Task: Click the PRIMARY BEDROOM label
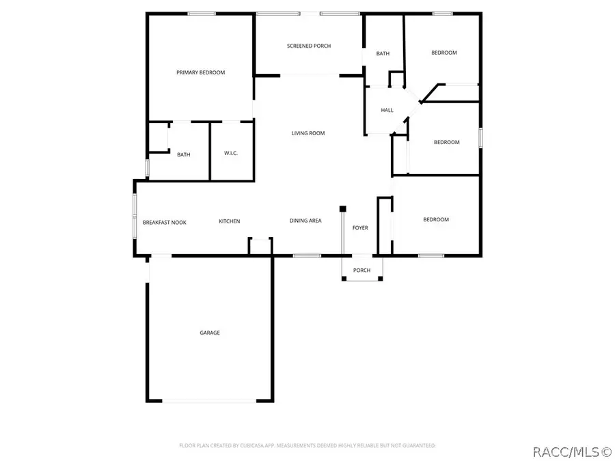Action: (x=200, y=72)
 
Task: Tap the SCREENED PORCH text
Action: (x=308, y=46)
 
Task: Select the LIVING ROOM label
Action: (x=308, y=133)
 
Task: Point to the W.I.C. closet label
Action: (x=231, y=154)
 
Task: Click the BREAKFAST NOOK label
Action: (x=164, y=222)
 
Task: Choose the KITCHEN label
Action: (x=229, y=221)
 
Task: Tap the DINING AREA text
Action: (x=305, y=221)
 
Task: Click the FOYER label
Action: (x=360, y=227)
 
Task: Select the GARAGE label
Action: (x=210, y=333)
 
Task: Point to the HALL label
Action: (x=387, y=110)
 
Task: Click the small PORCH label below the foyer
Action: (x=361, y=270)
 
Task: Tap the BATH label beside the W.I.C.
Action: (x=183, y=155)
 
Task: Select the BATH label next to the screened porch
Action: (x=383, y=53)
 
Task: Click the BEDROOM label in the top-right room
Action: (x=443, y=53)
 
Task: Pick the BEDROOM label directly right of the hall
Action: (x=446, y=142)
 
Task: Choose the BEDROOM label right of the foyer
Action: (x=436, y=219)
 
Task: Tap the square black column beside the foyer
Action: (x=343, y=208)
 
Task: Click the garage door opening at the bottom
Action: (x=209, y=401)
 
